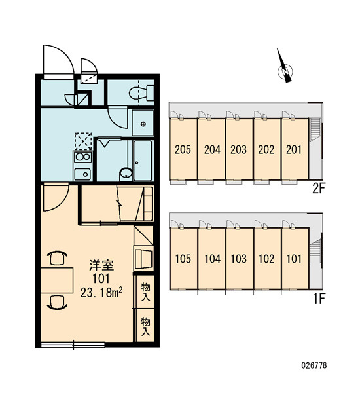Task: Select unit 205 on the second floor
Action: [x=183, y=149]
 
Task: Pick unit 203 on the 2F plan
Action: [x=239, y=149]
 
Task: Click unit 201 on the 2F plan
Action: [x=295, y=149]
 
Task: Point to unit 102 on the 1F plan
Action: [x=267, y=259]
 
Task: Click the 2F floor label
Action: [x=318, y=189]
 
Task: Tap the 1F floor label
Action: [x=319, y=298]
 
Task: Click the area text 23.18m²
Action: [x=101, y=292]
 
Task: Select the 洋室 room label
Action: [x=101, y=265]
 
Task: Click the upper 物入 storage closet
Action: [x=145, y=291]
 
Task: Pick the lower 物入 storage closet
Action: [x=145, y=326]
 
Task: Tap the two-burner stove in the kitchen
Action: [x=83, y=157]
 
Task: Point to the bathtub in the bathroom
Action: [x=143, y=160]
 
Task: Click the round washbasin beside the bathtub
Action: [x=126, y=173]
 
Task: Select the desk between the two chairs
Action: [x=57, y=280]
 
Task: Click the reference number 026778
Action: [x=314, y=365]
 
